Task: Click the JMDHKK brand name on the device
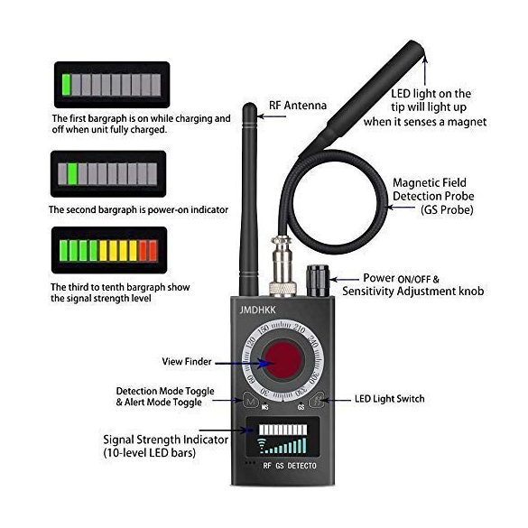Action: coord(257,310)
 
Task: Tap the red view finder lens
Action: coord(283,359)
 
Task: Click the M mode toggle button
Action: coord(250,401)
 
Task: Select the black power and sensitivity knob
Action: coord(318,281)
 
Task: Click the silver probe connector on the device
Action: coord(283,266)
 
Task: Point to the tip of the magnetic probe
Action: coord(418,45)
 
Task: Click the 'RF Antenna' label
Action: coord(298,106)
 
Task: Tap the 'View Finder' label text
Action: coord(187,361)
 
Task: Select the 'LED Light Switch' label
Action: coord(390,399)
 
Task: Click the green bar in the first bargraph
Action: coord(66,85)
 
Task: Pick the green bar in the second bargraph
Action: coord(72,174)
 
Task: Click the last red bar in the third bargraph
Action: coord(153,251)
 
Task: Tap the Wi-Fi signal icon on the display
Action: coord(261,445)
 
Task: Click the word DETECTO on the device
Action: coord(301,466)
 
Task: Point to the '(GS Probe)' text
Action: coord(447,209)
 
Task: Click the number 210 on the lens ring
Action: coord(299,329)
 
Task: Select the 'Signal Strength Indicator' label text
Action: coord(166,440)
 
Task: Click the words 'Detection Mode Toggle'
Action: coord(165,391)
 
